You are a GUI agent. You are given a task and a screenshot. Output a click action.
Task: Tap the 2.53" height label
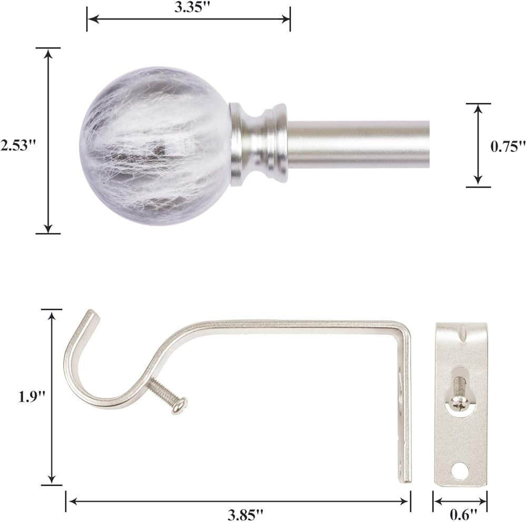pyautogui.click(x=18, y=145)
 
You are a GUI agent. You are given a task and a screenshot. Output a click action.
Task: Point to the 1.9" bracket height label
pyautogui.click(x=31, y=397)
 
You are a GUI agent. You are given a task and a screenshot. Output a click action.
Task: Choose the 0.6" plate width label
pyautogui.click(x=464, y=515)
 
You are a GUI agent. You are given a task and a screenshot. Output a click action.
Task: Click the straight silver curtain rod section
pyautogui.click(x=358, y=144)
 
